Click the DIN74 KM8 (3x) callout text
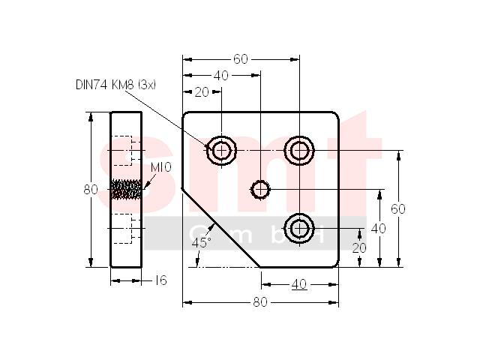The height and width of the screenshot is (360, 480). [115, 85]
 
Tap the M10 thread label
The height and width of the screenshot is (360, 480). [161, 167]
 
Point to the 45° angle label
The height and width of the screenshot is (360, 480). [201, 243]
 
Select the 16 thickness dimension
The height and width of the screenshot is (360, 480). [161, 280]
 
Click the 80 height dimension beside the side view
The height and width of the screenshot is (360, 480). [91, 190]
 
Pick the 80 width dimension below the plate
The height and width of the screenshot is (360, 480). [260, 302]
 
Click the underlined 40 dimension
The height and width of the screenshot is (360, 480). [299, 285]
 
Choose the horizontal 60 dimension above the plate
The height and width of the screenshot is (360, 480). [240, 59]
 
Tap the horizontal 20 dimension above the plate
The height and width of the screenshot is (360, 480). [202, 91]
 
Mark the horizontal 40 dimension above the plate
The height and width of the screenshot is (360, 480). [221, 76]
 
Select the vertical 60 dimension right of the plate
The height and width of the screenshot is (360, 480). [398, 208]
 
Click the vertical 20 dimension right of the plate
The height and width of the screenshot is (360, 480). [359, 247]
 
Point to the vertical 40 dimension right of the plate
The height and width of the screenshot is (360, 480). [378, 228]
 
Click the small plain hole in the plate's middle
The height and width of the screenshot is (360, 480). [260, 190]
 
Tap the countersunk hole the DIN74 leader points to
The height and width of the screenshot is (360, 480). [221, 151]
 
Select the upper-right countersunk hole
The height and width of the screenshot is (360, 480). [299, 151]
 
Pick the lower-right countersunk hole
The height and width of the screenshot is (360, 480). [299, 228]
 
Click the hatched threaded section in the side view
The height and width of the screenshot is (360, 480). [126, 189]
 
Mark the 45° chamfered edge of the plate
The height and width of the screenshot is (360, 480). [221, 228]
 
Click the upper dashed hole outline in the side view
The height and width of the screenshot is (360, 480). [121, 151]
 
